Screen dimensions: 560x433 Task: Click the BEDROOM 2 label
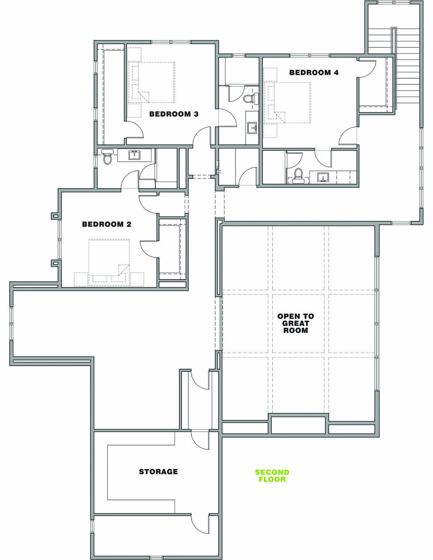pos(106,224)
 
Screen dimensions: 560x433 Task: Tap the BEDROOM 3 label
pos(174,114)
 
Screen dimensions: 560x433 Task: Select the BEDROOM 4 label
pos(314,72)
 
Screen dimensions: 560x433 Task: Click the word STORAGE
pos(158,472)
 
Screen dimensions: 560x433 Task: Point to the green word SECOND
pos(272,472)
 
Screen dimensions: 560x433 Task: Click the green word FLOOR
pos(272,479)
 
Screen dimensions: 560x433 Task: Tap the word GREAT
pos(296,323)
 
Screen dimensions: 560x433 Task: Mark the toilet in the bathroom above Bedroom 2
pos(107,157)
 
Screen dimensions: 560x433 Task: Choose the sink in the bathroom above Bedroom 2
pos(134,155)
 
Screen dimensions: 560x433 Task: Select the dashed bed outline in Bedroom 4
pos(289,102)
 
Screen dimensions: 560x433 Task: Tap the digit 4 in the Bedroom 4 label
pos(336,72)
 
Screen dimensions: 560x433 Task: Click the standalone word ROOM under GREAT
pos(296,330)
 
